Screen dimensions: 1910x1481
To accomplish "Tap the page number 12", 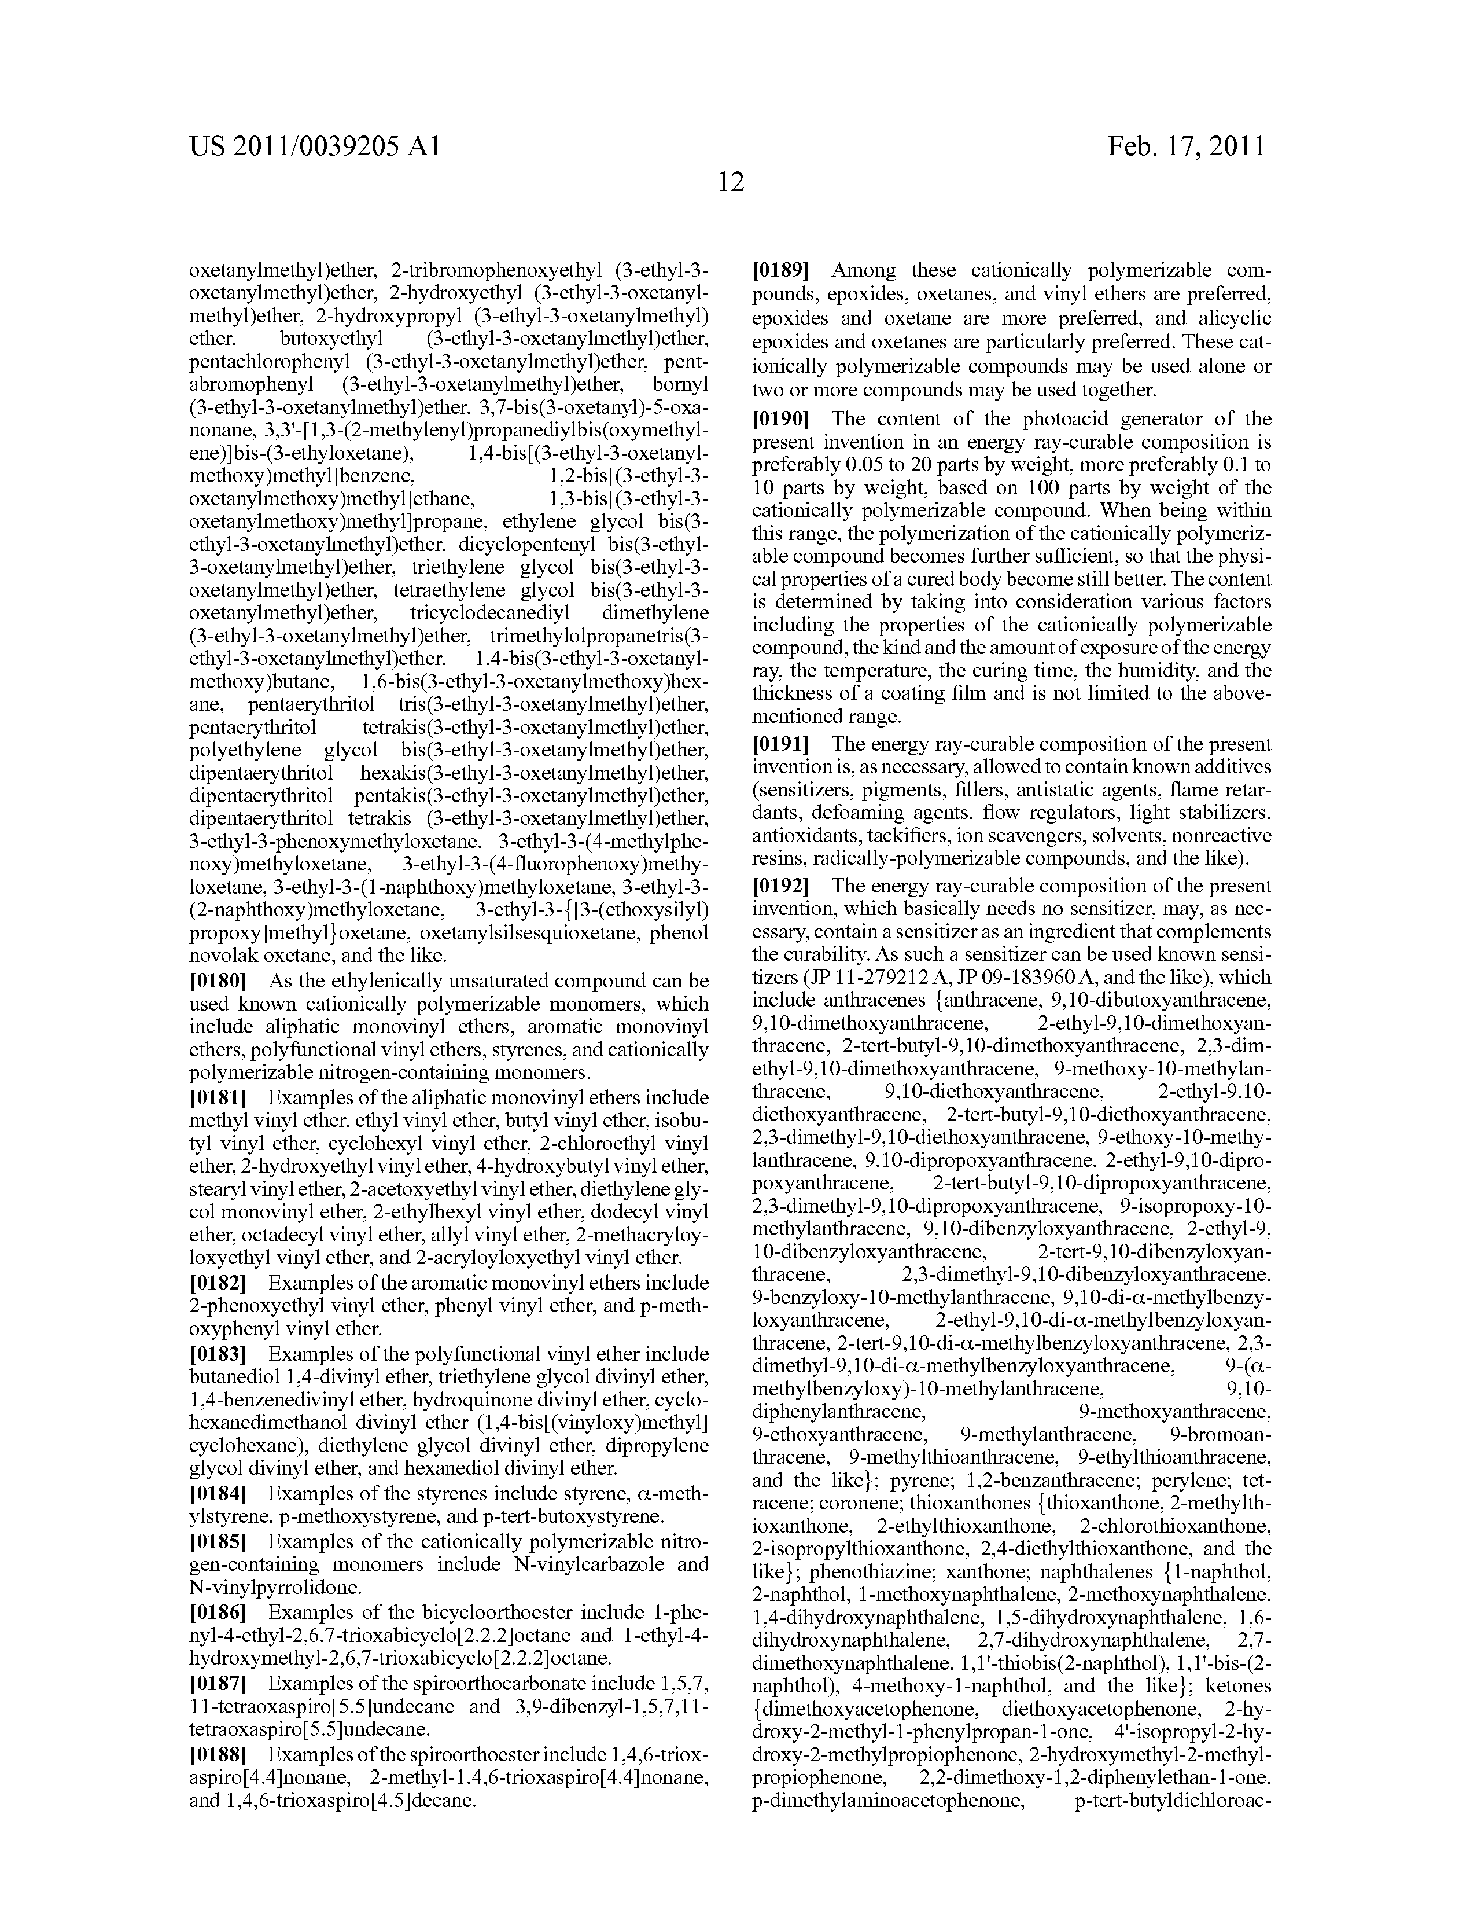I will (x=731, y=183).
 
